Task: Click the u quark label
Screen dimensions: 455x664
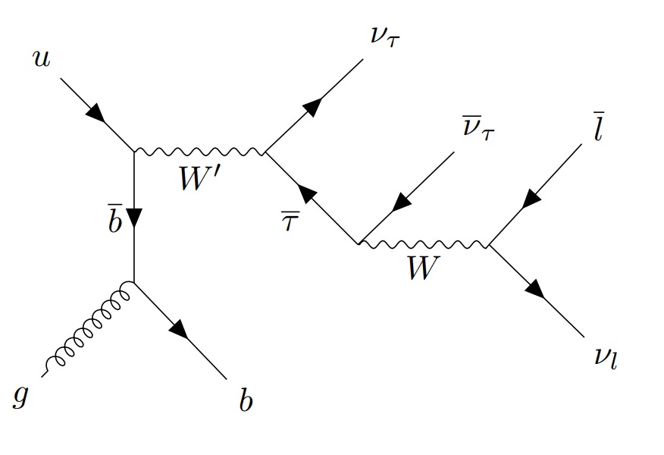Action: click(x=41, y=58)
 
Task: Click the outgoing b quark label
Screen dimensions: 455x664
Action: click(x=246, y=400)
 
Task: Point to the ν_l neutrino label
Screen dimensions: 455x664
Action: click(x=607, y=356)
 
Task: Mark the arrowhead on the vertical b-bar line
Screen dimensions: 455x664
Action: click(x=134, y=219)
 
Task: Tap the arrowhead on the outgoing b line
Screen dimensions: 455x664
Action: click(x=179, y=329)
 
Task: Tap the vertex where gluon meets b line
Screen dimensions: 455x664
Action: click(x=134, y=283)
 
